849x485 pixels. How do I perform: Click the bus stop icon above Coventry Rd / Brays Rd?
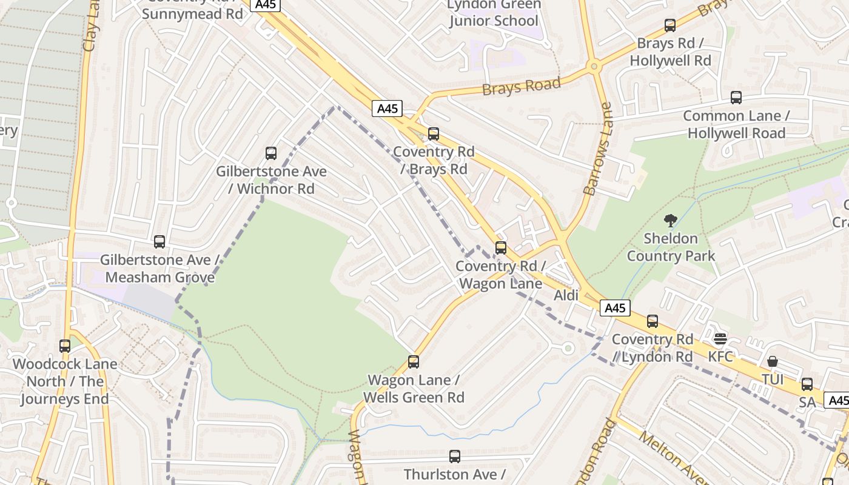coord(434,134)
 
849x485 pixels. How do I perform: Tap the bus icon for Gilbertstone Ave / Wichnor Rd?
coord(271,153)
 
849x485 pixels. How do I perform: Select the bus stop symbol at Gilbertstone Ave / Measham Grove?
coord(159,242)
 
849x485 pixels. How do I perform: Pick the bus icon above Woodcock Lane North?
coord(65,346)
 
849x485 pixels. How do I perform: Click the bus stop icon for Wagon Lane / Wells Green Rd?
coord(414,362)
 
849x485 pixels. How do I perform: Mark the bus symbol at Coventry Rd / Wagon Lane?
coord(501,247)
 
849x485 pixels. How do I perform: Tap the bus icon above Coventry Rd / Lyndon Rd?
coord(653,321)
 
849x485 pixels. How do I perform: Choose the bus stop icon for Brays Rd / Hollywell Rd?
coord(670,25)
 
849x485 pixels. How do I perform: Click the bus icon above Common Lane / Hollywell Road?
coord(736,98)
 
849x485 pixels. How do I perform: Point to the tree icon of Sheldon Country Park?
coord(671,221)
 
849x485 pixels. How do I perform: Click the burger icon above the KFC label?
coord(720,339)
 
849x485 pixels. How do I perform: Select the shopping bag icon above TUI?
coord(773,362)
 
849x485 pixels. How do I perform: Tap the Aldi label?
coord(566,295)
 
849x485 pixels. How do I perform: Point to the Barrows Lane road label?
coord(597,149)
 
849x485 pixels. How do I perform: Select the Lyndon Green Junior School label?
coord(493,13)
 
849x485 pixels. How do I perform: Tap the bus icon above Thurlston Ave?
coord(455,457)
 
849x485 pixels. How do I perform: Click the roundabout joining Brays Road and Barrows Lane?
coord(594,66)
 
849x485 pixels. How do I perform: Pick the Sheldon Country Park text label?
coord(671,247)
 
